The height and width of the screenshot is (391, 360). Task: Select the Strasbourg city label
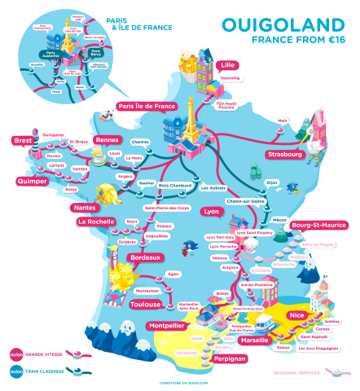[x=284, y=154]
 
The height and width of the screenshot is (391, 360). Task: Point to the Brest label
[x=22, y=141]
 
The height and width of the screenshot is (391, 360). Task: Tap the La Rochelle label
[x=94, y=221]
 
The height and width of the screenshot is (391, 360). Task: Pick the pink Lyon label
[x=211, y=211]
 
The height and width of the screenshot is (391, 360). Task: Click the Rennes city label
[x=107, y=140]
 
